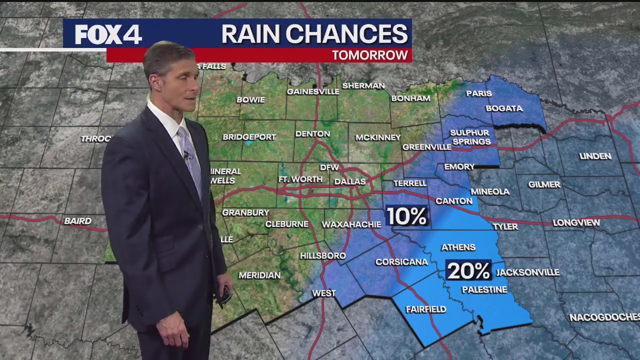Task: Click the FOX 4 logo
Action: pyautogui.click(x=108, y=34)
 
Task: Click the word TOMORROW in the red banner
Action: pyautogui.click(x=369, y=55)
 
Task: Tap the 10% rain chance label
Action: pyautogui.click(x=407, y=216)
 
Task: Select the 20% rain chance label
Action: pyautogui.click(x=468, y=271)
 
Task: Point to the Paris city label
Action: pyautogui.click(x=479, y=93)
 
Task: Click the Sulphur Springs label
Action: pyautogui.click(x=470, y=137)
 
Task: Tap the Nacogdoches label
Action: pyautogui.click(x=604, y=317)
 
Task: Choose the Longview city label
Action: pyautogui.click(x=576, y=223)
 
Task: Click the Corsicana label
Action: pyautogui.click(x=401, y=262)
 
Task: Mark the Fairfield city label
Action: pyautogui.click(x=426, y=309)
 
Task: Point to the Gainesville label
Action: pyautogui.click(x=313, y=91)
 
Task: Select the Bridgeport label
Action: pyautogui.click(x=249, y=137)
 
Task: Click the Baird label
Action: pyautogui.click(x=78, y=221)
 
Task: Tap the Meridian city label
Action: pyautogui.click(x=259, y=275)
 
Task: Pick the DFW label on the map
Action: pyautogui.click(x=329, y=167)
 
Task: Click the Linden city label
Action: pyautogui.click(x=595, y=156)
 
